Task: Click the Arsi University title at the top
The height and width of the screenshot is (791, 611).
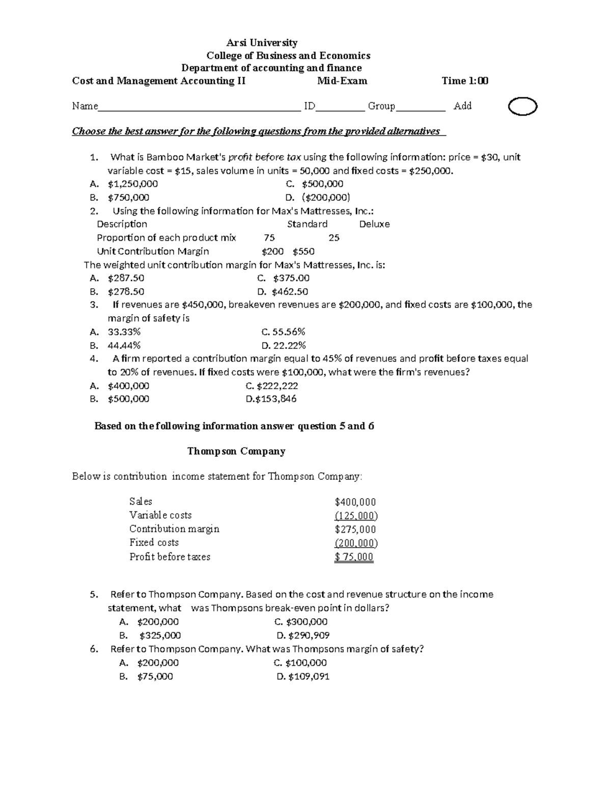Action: (262, 43)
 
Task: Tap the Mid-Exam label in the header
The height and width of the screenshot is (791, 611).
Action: (342, 80)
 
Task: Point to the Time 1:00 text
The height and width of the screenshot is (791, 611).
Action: (464, 80)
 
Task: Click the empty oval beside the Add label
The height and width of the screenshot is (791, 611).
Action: (522, 107)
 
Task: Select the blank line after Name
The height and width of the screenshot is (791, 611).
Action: (199, 107)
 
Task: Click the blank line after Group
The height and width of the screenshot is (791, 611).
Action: (420, 107)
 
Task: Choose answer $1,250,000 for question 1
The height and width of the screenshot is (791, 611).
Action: (132, 184)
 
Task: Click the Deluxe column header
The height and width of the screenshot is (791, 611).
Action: (374, 224)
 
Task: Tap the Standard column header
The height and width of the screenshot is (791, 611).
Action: (307, 224)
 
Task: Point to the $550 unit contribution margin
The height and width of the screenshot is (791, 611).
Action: (303, 252)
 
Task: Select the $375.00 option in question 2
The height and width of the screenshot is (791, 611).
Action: (291, 278)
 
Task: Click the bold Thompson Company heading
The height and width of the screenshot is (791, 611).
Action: (236, 451)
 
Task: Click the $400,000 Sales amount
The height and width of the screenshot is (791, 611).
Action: (355, 502)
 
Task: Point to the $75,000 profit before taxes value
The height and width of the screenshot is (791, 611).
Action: (354, 557)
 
